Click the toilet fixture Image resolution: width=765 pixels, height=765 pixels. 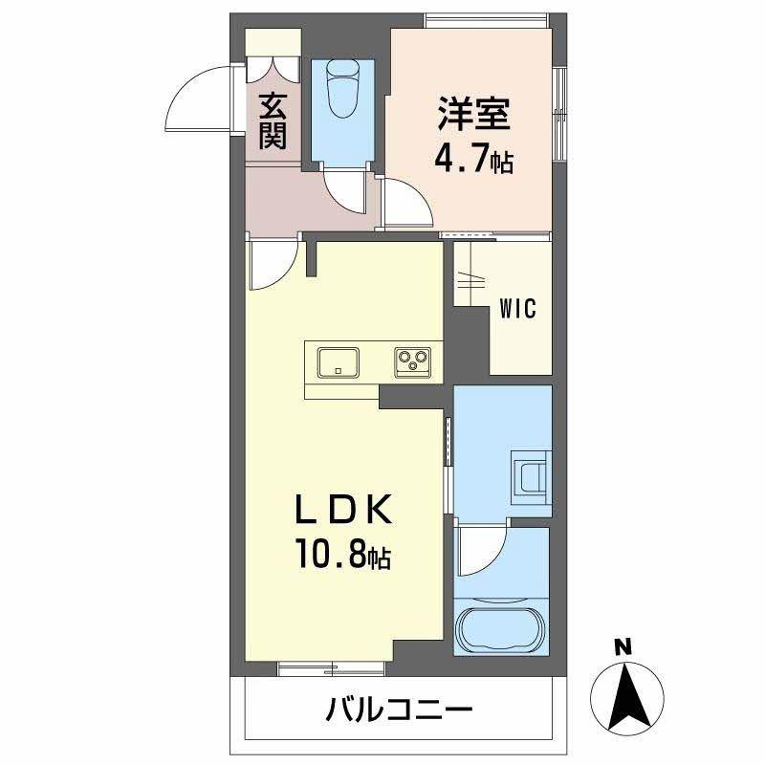[x=343, y=88]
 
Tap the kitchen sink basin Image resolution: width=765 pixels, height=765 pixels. [x=339, y=362]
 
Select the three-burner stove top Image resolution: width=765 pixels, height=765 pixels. [x=413, y=362]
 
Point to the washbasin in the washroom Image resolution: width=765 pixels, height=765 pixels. [x=532, y=478]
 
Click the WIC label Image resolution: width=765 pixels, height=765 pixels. [x=517, y=308]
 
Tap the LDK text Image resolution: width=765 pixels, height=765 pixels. [x=343, y=509]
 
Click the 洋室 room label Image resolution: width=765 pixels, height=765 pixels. [x=473, y=114]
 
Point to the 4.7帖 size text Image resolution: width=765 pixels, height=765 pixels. [x=473, y=159]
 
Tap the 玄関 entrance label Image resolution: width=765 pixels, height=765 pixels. [x=273, y=121]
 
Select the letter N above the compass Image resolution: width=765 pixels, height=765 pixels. [x=623, y=647]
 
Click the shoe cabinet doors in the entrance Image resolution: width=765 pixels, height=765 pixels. [x=273, y=69]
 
